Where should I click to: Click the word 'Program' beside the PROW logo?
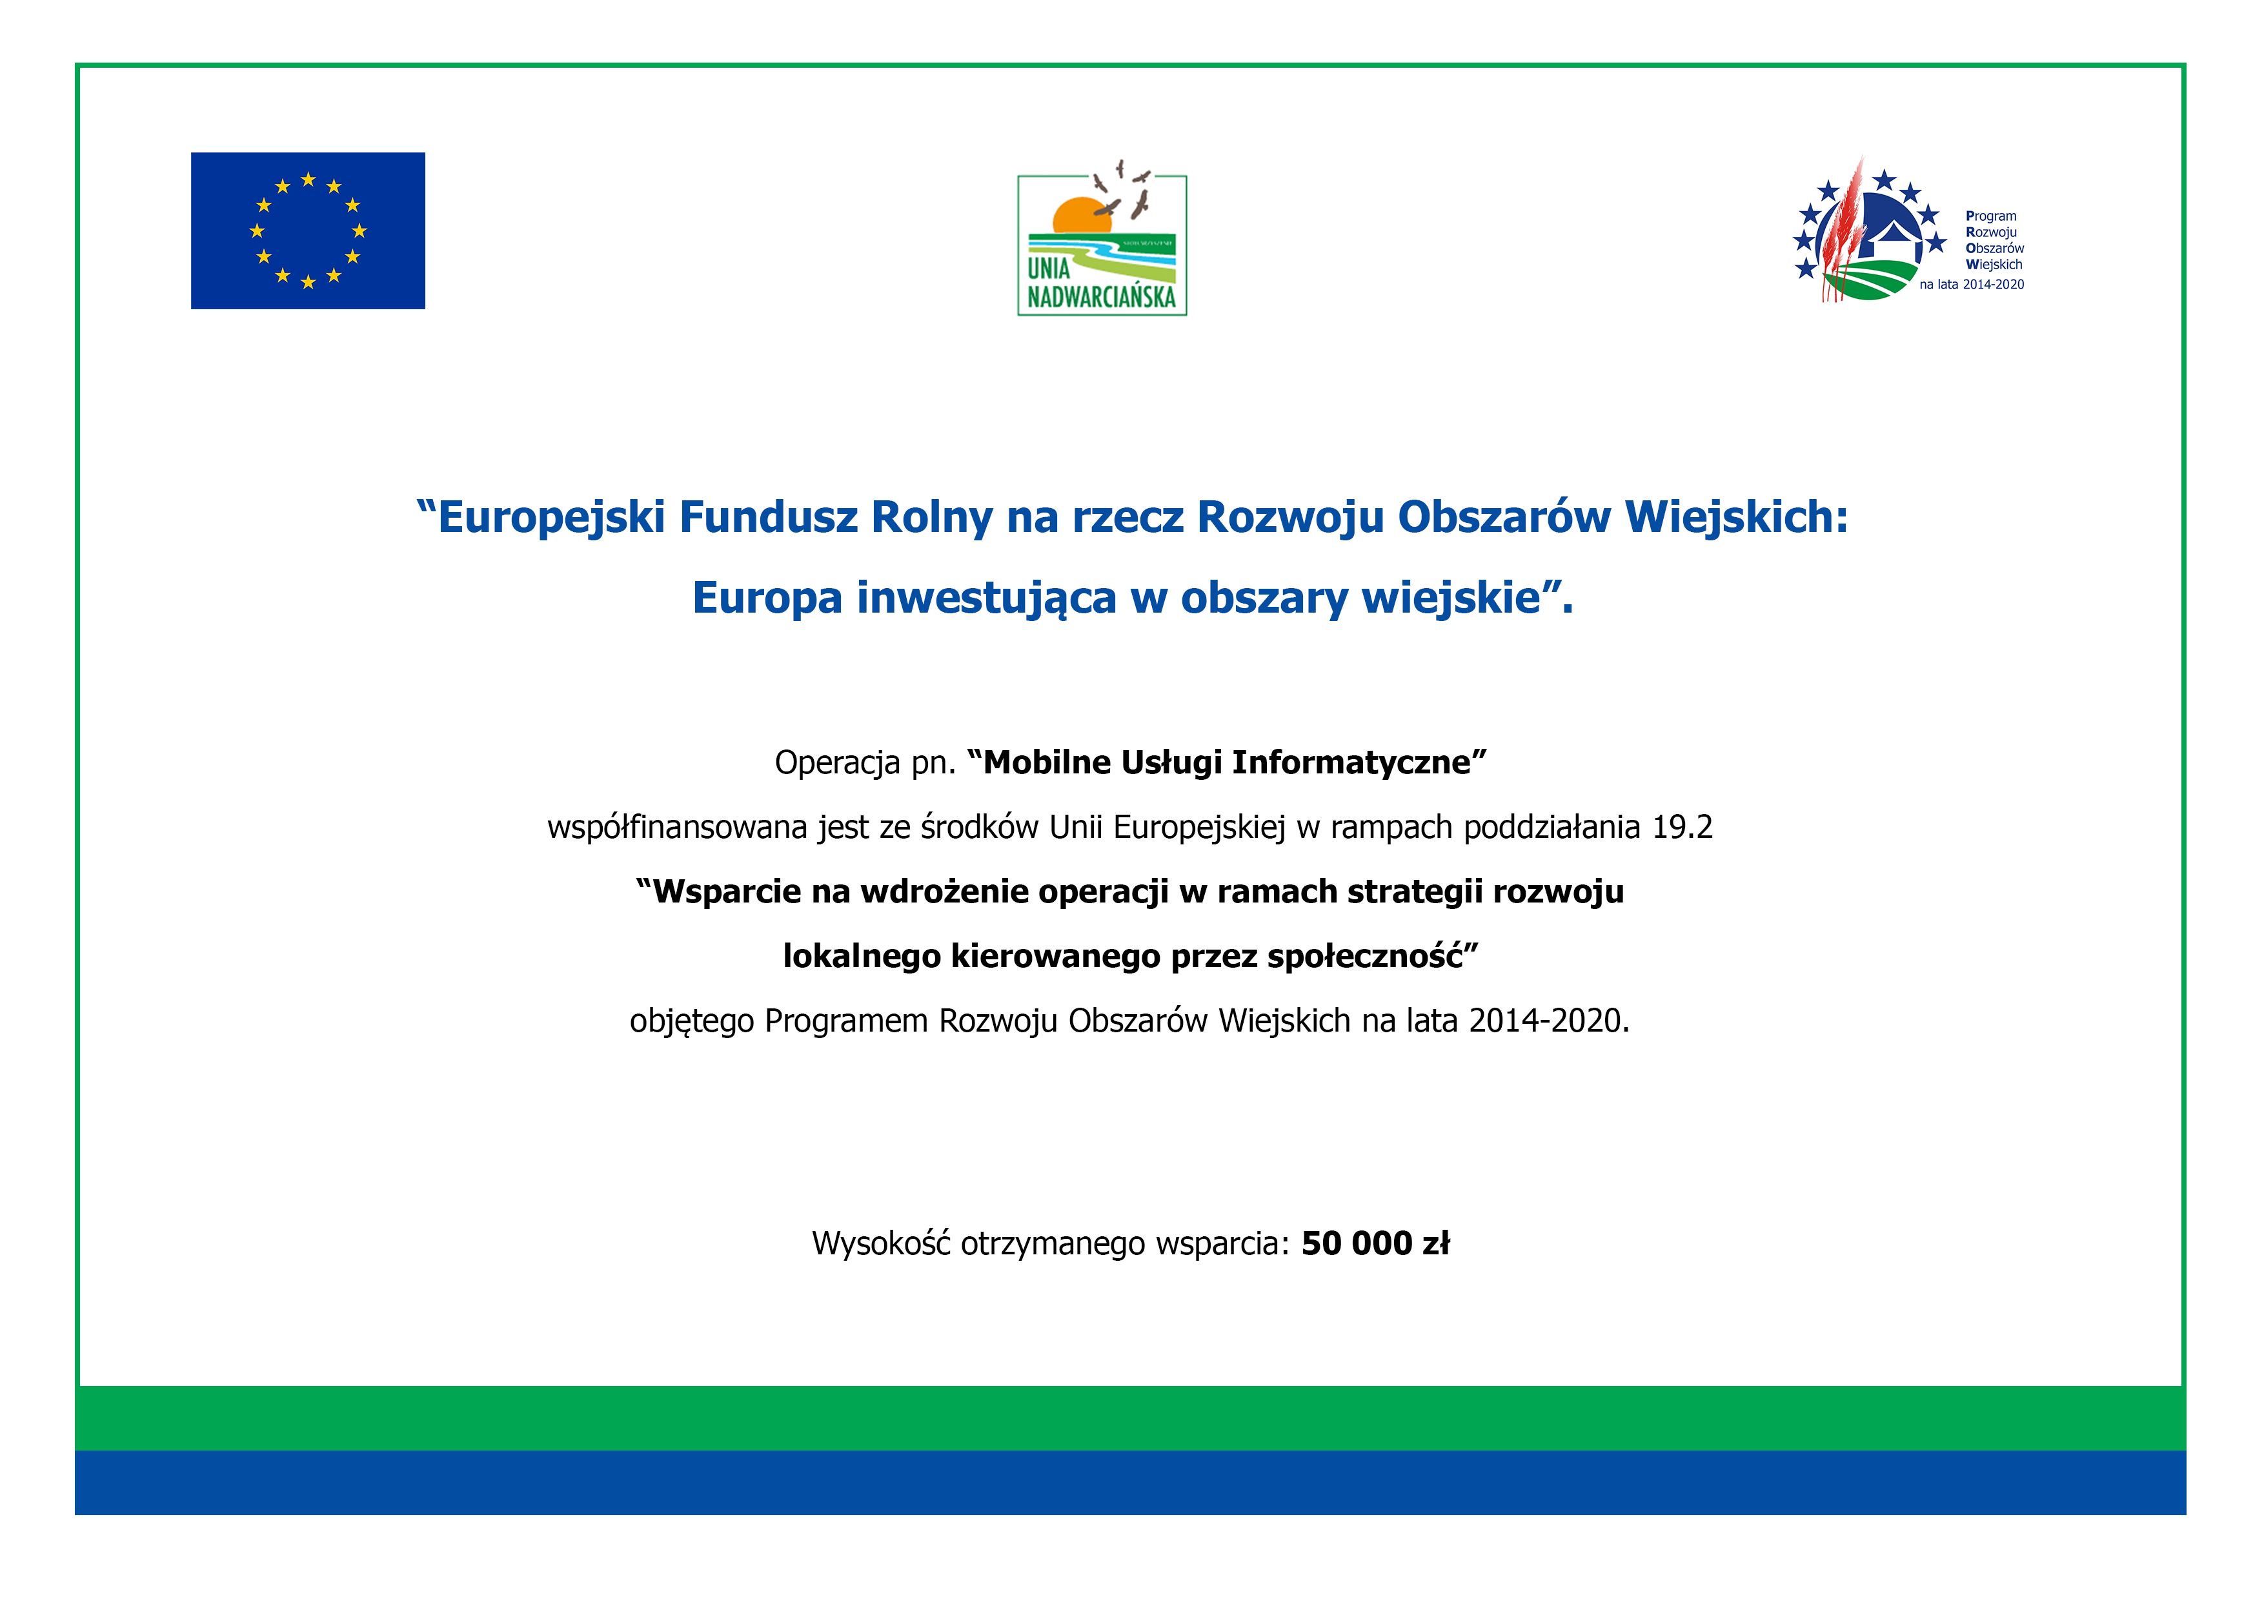(x=1991, y=216)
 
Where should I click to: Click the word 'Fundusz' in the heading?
(x=768, y=517)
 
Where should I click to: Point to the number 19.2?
(x=1683, y=826)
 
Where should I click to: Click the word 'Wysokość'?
(x=880, y=1244)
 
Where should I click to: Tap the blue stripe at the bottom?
(x=1131, y=1483)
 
